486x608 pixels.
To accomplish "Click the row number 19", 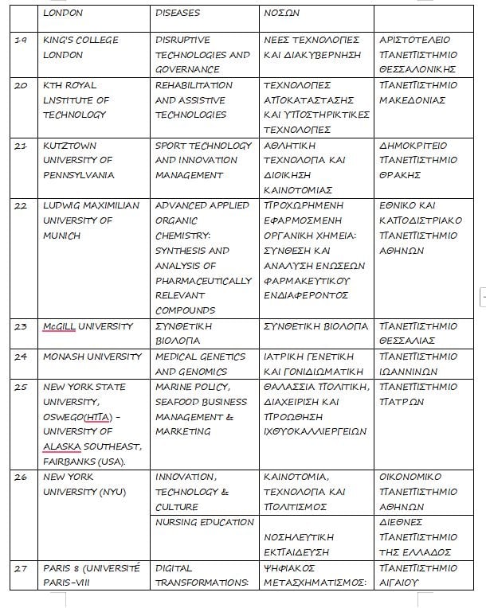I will point(22,40).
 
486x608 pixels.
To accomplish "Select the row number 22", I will point(22,205).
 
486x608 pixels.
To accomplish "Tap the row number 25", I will point(22,387).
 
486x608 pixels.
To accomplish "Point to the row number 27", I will point(22,568).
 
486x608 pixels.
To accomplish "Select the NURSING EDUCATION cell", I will point(202,522).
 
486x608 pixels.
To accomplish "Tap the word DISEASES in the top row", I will point(178,13).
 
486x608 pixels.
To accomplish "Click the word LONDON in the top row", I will point(63,13).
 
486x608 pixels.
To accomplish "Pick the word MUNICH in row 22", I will point(61,236).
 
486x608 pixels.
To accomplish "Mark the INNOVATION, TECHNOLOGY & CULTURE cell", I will point(185,492).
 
